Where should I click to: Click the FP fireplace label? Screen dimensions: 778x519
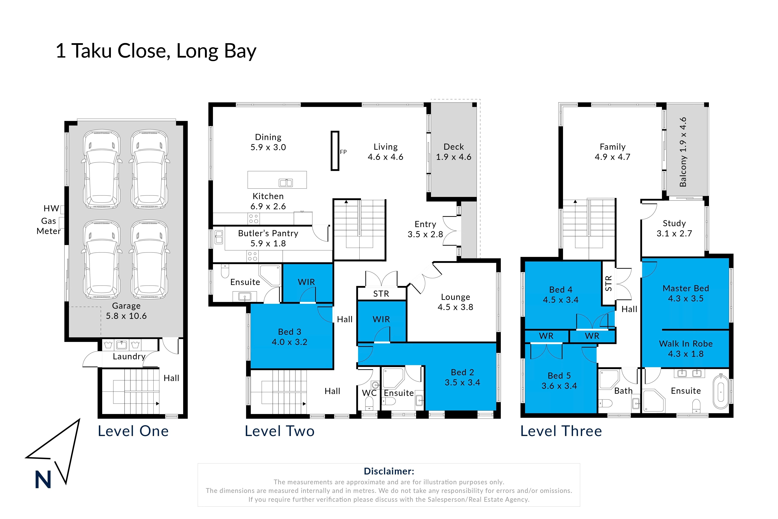point(343,152)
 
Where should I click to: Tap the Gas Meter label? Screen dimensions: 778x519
point(49,226)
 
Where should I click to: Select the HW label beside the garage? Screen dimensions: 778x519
point(51,208)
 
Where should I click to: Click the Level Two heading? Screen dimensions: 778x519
point(280,431)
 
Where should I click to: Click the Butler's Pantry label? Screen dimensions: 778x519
point(268,238)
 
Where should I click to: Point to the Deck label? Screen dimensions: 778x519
point(454,152)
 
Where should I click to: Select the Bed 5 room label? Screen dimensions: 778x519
point(559,381)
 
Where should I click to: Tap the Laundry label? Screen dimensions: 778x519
point(129,356)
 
